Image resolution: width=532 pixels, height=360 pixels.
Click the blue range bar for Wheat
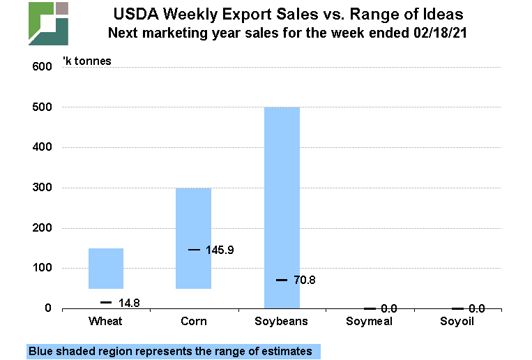[106, 269]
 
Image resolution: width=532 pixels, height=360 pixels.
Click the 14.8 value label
[128, 303]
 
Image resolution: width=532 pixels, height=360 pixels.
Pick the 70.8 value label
[305, 280]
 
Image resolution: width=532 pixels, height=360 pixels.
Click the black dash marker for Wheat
[106, 302]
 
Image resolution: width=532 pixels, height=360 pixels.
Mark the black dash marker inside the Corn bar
[194, 250]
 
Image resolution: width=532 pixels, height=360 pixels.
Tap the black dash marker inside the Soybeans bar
[282, 280]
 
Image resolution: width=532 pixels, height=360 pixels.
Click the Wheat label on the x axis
[106, 322]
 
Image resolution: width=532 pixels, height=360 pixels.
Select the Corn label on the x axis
[194, 322]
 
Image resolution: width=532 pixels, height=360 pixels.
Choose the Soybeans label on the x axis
[282, 322]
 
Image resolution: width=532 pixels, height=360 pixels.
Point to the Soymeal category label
[370, 322]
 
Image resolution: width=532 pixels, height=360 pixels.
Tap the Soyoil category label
[457, 322]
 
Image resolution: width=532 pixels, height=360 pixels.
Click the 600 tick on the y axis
[43, 67]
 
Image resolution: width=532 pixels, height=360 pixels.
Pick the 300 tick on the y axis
[43, 188]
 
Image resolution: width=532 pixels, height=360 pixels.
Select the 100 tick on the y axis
[43, 269]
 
